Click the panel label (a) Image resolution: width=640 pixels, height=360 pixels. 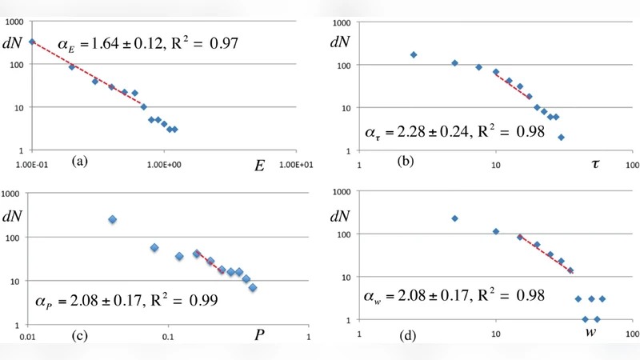point(79,161)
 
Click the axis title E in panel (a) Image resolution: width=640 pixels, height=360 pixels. point(258,166)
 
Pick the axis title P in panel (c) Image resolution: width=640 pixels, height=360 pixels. point(260,334)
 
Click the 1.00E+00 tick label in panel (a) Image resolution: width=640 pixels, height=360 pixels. point(164,165)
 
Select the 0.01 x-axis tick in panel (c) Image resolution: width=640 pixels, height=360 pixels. point(29,338)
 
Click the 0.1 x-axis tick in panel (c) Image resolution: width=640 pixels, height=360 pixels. point(168,338)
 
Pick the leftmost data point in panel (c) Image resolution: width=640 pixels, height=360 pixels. point(113,219)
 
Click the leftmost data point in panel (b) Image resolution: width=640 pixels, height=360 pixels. point(414,54)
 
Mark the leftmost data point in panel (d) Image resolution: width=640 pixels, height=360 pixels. point(454,218)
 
